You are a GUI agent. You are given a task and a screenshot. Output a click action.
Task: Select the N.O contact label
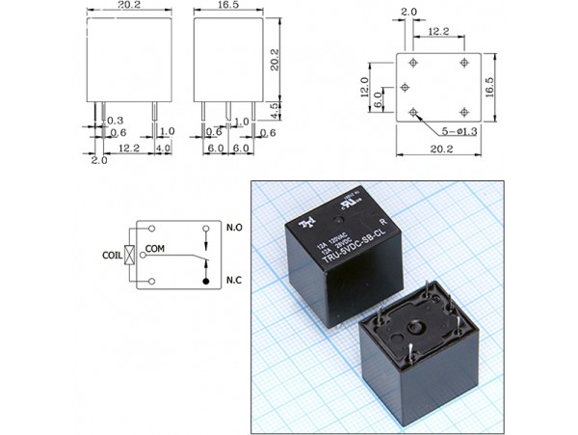point(234,228)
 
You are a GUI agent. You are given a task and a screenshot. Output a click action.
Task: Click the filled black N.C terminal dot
point(205,281)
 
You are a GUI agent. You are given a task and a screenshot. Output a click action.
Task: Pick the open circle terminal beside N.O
point(205,229)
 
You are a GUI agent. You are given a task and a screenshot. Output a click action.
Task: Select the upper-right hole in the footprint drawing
point(465,63)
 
